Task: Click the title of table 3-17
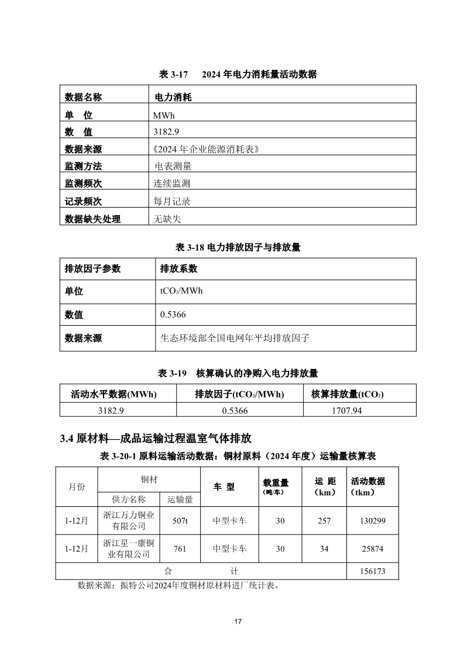click(238, 74)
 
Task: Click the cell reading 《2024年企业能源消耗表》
click(205, 149)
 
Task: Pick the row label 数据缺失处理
click(92, 219)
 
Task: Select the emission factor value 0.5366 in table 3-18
click(173, 315)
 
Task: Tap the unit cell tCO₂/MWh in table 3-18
click(181, 291)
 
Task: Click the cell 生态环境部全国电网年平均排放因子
click(235, 338)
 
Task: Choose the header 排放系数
click(178, 269)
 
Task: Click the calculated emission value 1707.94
click(348, 410)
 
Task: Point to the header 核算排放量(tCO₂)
click(347, 394)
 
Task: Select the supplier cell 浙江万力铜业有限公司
click(129, 520)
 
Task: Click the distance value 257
click(324, 520)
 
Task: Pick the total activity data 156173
click(373, 571)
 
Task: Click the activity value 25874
click(373, 549)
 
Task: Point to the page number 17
click(238, 622)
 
